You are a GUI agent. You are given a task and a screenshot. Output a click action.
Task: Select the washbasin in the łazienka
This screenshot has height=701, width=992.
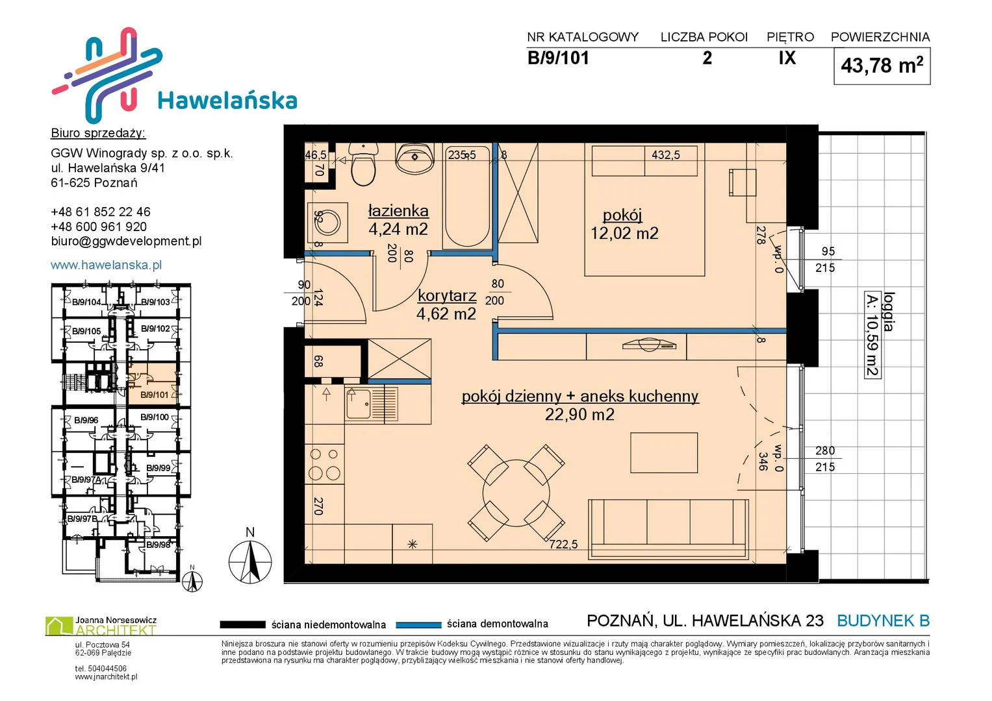coord(414,158)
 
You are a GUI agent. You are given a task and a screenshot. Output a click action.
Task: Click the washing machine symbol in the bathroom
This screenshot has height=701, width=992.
coord(327,223)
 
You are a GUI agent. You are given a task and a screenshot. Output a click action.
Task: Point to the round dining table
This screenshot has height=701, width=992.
coord(516,493)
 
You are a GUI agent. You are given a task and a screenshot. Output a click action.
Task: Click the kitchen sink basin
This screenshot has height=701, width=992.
coord(359,404)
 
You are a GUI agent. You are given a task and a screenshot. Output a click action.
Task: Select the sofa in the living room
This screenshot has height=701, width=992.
coord(668,529)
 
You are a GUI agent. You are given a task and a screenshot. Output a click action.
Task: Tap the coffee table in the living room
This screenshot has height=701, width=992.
coord(664,453)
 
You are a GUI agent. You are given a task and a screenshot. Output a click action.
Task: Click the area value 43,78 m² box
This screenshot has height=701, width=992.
coord(882,66)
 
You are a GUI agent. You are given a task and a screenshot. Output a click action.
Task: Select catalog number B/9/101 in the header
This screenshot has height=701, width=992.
coord(558,58)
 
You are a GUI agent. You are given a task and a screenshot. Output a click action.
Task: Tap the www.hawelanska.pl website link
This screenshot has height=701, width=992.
coord(107,265)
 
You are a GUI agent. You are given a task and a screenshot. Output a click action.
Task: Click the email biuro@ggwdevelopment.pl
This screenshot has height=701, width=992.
coord(126,241)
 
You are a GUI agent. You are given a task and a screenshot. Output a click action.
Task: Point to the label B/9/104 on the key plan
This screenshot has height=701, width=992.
coord(86,302)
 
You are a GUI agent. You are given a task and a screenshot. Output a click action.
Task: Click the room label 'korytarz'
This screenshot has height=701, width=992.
coord(448,295)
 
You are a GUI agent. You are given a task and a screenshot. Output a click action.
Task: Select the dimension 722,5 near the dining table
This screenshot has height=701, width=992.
coord(563,545)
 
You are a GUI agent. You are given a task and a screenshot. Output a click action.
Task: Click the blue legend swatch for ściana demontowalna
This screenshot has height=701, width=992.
coord(418,625)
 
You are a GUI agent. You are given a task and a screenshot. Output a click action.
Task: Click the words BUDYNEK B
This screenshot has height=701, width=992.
coord(883,621)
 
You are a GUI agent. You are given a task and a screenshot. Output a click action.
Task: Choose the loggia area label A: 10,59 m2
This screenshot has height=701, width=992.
coord(872,334)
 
